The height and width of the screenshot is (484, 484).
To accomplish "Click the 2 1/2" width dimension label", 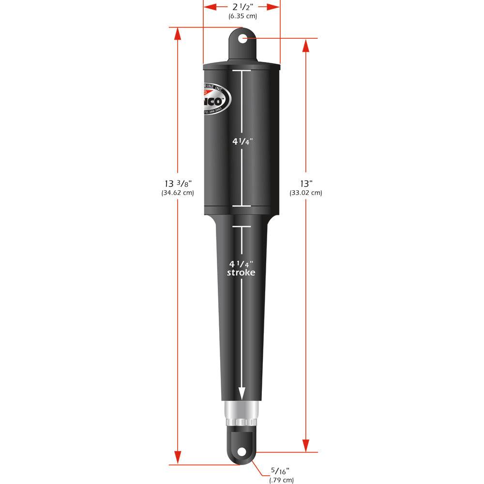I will click(242, 7).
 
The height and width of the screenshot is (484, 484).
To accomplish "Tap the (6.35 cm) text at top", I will click(242, 16).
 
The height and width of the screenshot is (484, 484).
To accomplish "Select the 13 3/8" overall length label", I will click(178, 183).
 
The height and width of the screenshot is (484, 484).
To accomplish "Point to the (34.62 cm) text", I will click(178, 193).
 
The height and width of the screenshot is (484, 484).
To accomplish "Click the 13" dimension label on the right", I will click(306, 183).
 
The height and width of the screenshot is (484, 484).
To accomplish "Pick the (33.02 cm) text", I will click(306, 193).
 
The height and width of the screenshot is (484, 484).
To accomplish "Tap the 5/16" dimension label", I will click(280, 470).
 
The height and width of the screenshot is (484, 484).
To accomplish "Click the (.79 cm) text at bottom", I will click(281, 480).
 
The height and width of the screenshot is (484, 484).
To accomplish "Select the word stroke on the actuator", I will click(242, 272).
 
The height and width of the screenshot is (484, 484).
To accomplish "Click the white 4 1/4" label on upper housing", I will click(242, 142).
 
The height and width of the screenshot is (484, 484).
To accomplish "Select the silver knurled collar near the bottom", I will click(241, 412).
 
